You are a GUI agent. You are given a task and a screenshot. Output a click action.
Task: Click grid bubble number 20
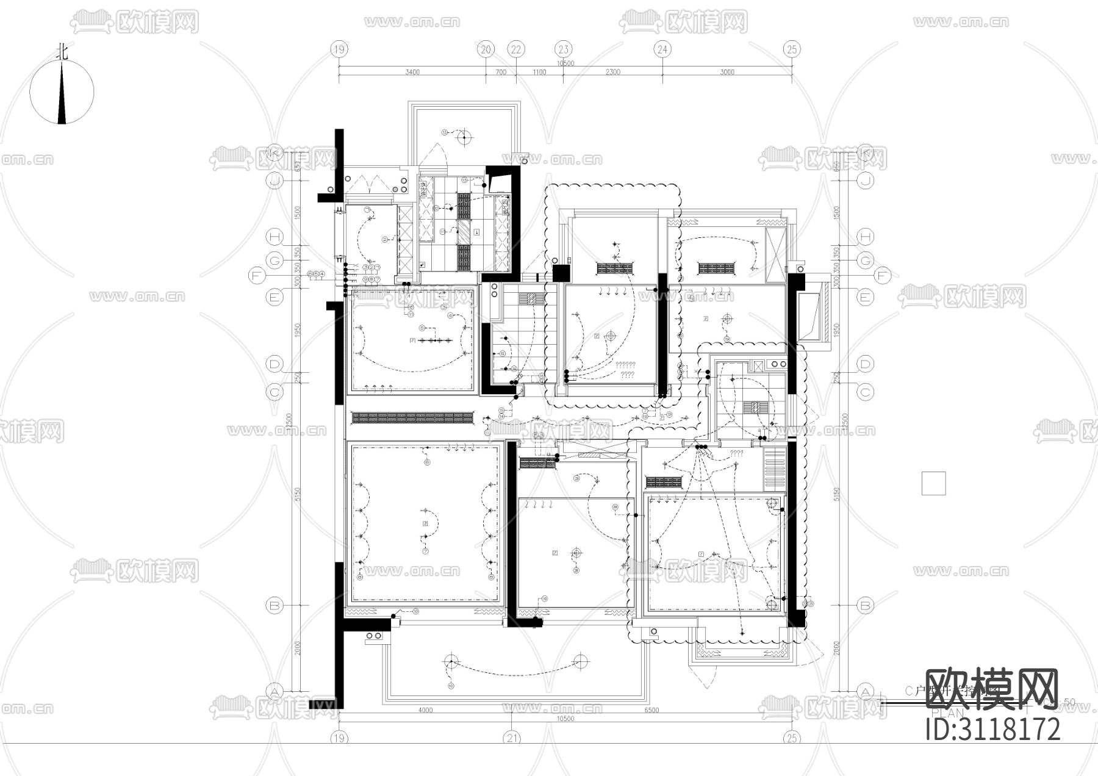pos(486,49)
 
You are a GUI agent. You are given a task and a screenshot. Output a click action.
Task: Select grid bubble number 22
pos(516,49)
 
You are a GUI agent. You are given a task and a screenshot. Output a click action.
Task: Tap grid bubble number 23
pos(563,49)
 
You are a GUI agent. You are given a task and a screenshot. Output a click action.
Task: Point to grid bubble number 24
pos(662,49)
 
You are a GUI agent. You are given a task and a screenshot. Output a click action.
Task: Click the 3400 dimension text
pos(412,72)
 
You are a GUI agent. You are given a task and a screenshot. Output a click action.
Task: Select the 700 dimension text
pos(500,72)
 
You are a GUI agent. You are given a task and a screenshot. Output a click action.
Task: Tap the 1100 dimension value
pos(539,72)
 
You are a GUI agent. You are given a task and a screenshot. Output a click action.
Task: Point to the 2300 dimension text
pos(612,72)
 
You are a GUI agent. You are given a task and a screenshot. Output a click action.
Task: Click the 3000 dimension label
pos(727,72)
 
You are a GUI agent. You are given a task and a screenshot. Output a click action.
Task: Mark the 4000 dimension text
pos(425,710)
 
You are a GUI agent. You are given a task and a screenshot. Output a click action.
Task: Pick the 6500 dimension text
pos(651,710)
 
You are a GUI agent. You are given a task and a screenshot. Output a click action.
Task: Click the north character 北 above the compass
pos(62,51)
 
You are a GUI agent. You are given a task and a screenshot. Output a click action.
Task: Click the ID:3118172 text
pos(993,730)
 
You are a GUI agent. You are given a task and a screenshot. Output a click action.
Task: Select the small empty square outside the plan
pos(933,483)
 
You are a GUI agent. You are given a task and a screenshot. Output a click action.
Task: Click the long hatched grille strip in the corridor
pos(413,418)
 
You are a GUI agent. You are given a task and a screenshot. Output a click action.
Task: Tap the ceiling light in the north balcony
pos(464,137)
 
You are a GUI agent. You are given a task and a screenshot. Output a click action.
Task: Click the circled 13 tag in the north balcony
pos(445,132)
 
